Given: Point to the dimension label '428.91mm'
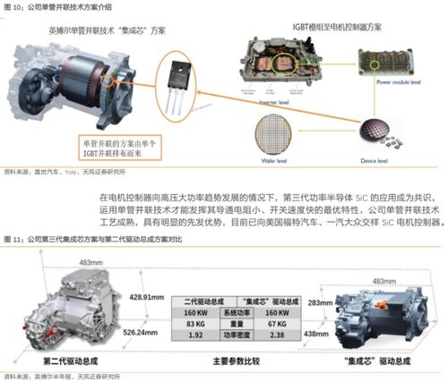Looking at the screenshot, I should (146, 295).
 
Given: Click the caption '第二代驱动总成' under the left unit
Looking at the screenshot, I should (69, 360).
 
